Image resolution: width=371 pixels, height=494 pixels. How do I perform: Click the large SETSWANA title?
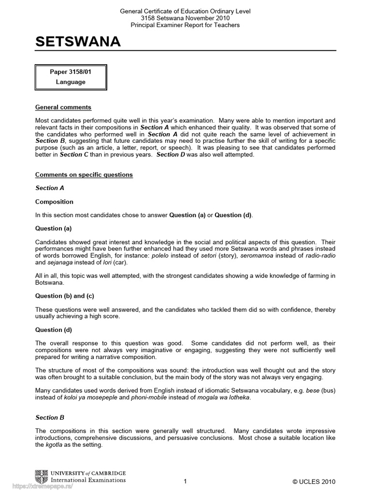coord(78,42)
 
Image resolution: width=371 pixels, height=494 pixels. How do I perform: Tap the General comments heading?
coord(63,107)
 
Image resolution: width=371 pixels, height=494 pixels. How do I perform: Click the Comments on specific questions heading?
coord(84,175)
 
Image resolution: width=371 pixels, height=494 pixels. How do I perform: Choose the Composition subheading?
coord(54,202)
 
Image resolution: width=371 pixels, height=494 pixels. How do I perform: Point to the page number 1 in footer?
coord(185,481)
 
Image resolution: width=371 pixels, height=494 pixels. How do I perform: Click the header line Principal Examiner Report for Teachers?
coord(185,25)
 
